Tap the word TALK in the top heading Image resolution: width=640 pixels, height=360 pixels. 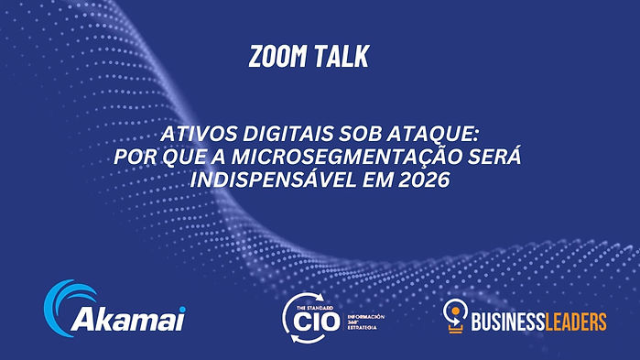342,58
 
